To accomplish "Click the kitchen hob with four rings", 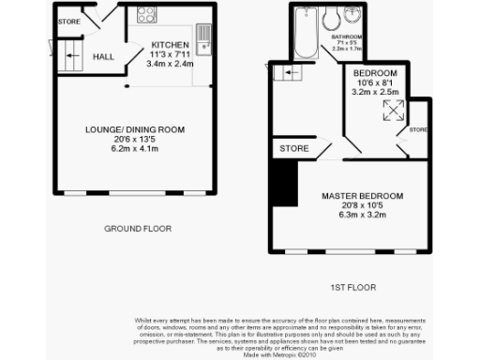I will [147, 15].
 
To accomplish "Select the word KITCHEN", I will [172, 44].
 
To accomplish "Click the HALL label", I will [103, 57].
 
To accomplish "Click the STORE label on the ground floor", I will [69, 20].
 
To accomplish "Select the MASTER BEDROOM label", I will [362, 196].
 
